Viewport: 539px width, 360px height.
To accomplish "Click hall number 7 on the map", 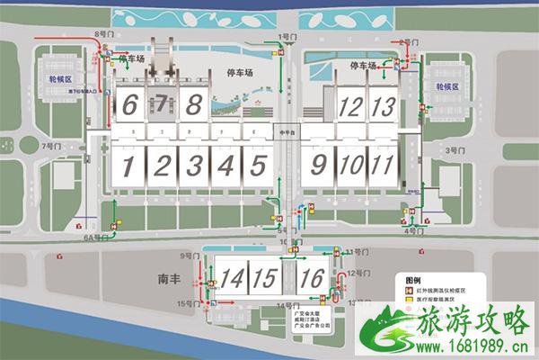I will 162,104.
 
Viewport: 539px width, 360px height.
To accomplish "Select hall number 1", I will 128,166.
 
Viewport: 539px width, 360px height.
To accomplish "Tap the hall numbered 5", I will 259,166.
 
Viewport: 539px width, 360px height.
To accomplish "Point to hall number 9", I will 318,166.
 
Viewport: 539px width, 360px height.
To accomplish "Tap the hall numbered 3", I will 194,166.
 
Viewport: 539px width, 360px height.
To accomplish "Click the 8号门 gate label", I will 103,33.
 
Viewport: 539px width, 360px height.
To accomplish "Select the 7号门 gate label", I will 50,145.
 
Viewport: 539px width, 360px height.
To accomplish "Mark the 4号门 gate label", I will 413,231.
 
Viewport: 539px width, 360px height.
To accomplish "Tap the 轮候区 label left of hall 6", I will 60,79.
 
